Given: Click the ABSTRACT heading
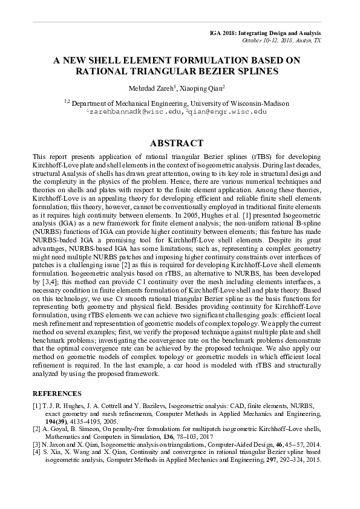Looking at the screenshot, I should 180,143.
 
